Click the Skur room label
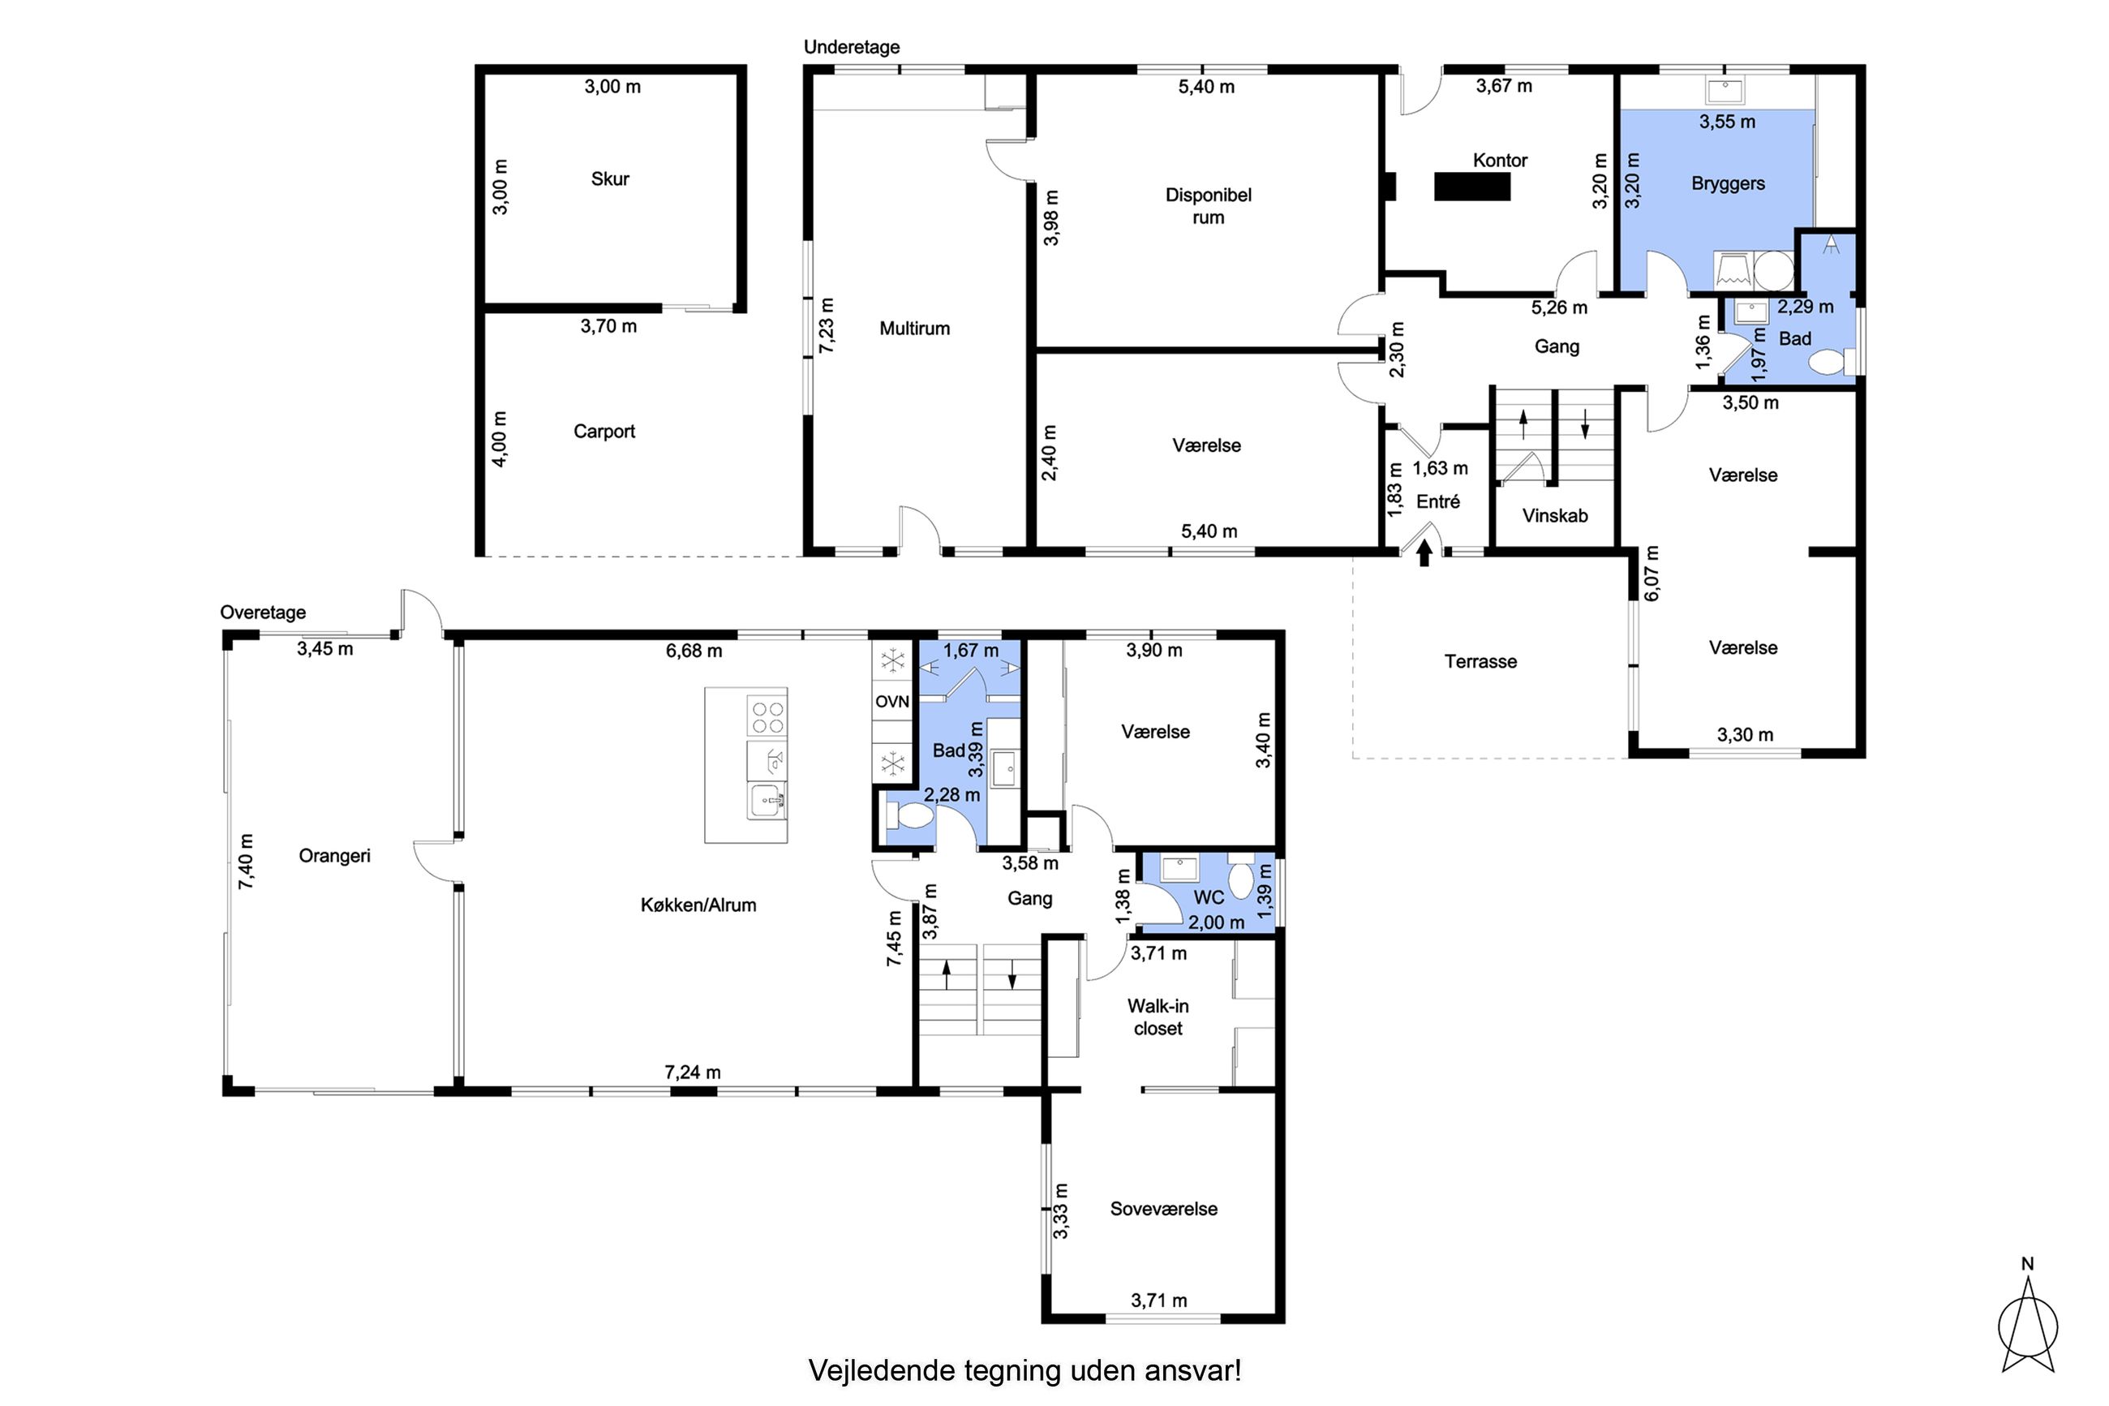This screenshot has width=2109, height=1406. [x=609, y=178]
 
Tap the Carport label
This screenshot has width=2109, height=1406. [x=604, y=432]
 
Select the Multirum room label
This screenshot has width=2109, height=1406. [x=914, y=329]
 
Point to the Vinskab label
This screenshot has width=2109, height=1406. [x=1555, y=516]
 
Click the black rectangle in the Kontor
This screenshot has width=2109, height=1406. [x=1471, y=187]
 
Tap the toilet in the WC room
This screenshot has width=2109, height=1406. [x=1240, y=878]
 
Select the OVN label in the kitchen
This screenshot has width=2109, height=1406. [x=891, y=701]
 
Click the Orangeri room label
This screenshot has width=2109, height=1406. [x=334, y=855]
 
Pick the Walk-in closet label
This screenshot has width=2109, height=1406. [x=1158, y=1017]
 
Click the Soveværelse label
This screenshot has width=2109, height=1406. [x=1163, y=1209]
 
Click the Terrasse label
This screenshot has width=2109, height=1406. [x=1480, y=662]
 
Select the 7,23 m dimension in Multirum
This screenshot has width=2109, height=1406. [x=827, y=325]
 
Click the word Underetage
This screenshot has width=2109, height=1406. [x=852, y=46]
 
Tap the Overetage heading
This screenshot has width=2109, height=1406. [x=263, y=613]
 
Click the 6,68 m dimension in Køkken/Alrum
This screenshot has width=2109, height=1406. [x=694, y=651]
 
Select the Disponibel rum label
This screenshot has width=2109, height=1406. [x=1209, y=206]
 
